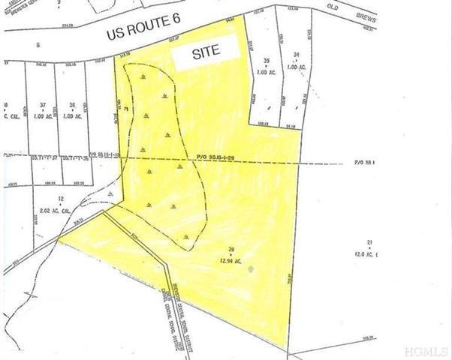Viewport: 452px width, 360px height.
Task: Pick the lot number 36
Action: point(72,105)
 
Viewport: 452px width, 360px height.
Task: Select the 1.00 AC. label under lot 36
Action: point(72,115)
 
